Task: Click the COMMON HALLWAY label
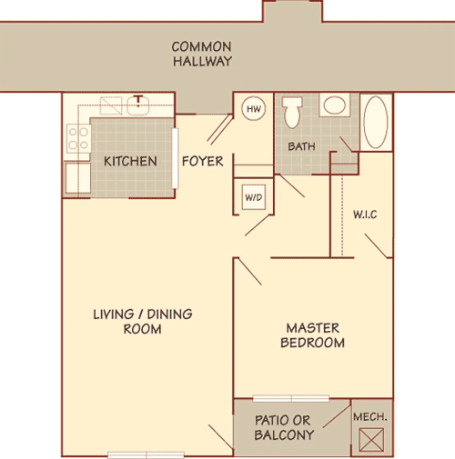[x=201, y=54]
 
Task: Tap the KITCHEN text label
[x=130, y=162]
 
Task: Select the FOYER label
[x=203, y=162]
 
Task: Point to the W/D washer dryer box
[x=252, y=195]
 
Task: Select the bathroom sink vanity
[x=333, y=106]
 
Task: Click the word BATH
[x=301, y=145]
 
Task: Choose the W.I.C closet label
[x=365, y=215]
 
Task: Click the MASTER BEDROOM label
[x=315, y=335]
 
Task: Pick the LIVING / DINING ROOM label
[x=142, y=322]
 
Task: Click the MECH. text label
[x=371, y=416]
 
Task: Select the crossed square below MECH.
[x=371, y=440]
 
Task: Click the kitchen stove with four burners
[x=76, y=139]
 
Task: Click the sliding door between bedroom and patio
[x=292, y=398]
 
